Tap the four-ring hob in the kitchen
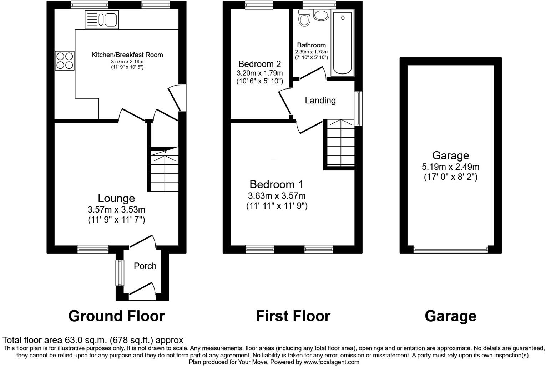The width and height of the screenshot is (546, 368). coord(65,61)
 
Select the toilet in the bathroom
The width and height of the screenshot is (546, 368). coord(304,17)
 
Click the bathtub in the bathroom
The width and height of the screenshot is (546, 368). coord(343,43)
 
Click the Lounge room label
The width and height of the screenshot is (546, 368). coord(116,198)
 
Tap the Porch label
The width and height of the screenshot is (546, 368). coord(145,266)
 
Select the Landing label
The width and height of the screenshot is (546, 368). coord(320,101)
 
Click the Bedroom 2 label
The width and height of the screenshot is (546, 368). coord(259,64)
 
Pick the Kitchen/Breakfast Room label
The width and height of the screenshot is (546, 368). coord(127,55)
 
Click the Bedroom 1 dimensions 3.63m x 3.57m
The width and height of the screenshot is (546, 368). coord(277,196)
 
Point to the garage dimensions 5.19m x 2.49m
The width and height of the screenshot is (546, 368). coord(450,167)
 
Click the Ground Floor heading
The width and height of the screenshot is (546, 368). coord(116,316)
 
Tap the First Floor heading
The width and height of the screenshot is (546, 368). coord(293,316)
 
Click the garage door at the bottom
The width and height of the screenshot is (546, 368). coord(450,250)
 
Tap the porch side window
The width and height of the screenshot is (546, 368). coord(119,273)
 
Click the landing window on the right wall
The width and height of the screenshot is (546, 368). coord(358,108)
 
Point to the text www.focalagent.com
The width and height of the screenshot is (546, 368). coord(331,362)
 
